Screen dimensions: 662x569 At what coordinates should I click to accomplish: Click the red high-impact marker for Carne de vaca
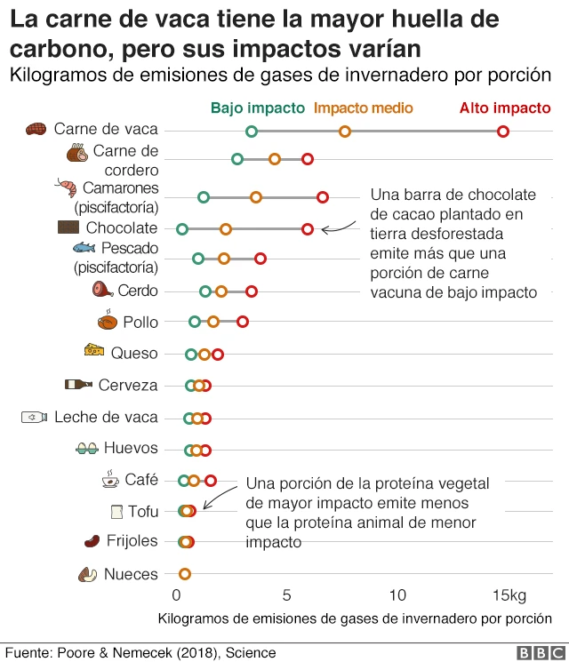(x=503, y=132)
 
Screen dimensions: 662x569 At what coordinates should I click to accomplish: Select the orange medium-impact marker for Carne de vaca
(x=345, y=132)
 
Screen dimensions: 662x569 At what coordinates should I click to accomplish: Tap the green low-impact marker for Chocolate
(x=182, y=229)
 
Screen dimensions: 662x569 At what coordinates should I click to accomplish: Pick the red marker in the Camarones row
(x=323, y=197)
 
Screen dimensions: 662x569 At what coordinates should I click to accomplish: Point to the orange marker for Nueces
(x=185, y=574)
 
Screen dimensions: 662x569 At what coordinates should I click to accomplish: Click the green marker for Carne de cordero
(x=237, y=159)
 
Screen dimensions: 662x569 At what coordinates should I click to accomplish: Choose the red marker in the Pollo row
(x=243, y=322)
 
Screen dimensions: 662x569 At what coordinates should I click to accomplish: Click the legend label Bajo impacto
(x=257, y=108)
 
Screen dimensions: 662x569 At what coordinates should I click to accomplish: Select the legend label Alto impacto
(x=505, y=108)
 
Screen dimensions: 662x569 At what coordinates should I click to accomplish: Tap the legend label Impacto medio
(x=364, y=108)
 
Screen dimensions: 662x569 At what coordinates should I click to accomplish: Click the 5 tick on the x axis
(x=287, y=594)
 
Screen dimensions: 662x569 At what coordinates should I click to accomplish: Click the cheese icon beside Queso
(x=93, y=350)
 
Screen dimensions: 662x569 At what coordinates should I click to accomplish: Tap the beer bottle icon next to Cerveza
(x=78, y=385)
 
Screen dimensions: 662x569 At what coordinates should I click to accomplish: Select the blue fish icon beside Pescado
(x=84, y=248)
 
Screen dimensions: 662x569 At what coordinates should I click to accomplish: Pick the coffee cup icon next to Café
(x=110, y=479)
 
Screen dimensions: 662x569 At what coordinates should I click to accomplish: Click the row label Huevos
(x=131, y=448)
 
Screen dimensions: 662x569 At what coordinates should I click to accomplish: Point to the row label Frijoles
(x=132, y=540)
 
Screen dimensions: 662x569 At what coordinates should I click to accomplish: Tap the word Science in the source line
(x=251, y=653)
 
